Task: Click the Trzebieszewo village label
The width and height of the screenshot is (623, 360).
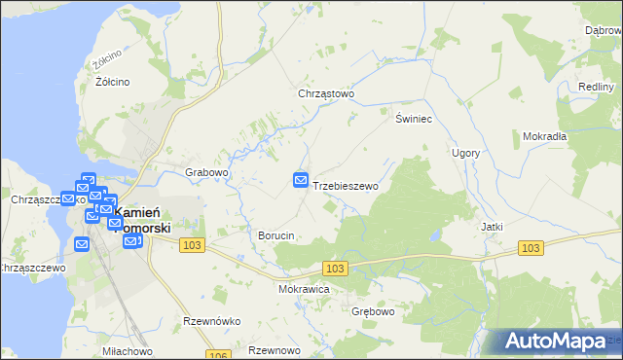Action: [x=346, y=185]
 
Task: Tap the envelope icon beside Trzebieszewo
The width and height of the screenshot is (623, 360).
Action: [x=301, y=181]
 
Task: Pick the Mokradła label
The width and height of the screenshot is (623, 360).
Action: [x=544, y=136]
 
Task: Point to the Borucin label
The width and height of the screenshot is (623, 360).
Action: [x=275, y=235]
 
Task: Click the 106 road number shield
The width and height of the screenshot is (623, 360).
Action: [x=219, y=354]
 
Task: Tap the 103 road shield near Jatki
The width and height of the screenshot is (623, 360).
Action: [x=530, y=249]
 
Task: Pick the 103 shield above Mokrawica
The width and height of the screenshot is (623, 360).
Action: [x=335, y=268]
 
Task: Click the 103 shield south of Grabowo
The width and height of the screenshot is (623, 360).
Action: [x=192, y=246]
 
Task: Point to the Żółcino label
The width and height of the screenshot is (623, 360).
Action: [x=113, y=82]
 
